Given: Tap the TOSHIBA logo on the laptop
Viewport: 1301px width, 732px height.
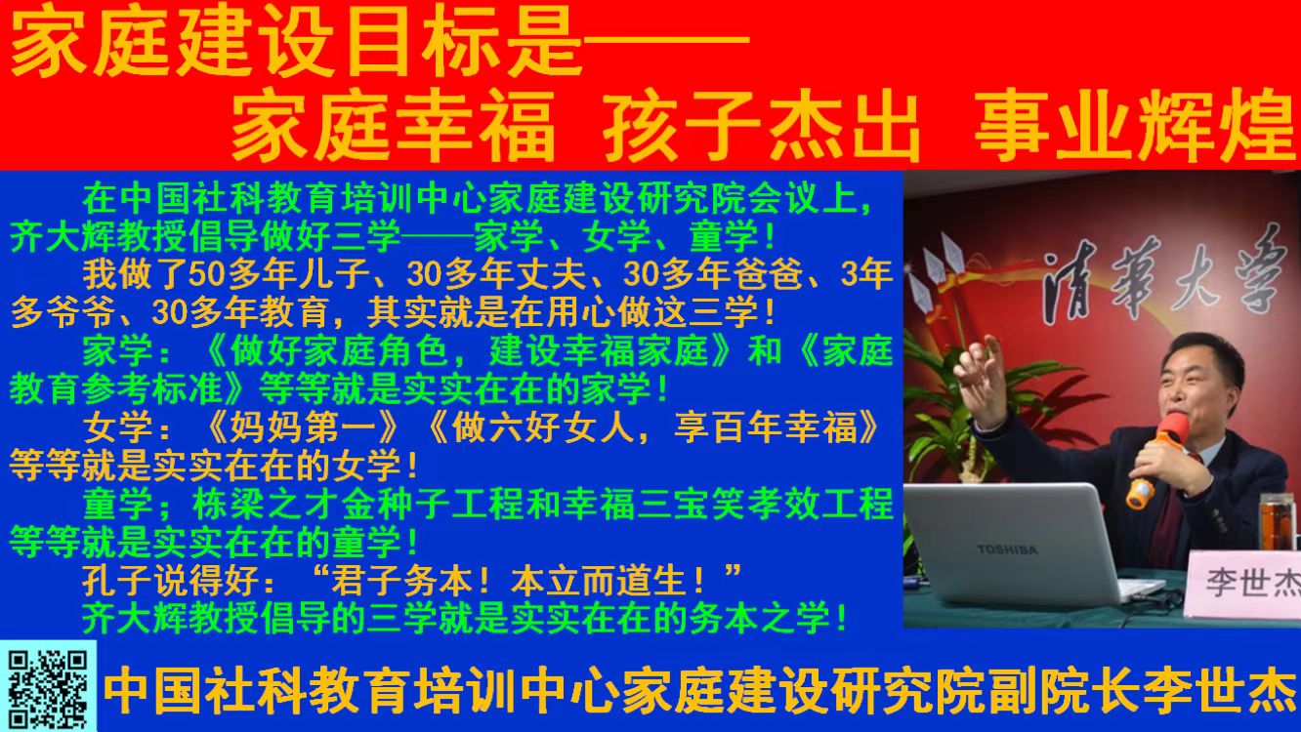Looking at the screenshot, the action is (1007, 549).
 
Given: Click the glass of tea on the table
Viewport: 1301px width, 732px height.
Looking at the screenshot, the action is (1278, 522).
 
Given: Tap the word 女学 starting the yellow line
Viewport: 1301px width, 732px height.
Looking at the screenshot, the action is (118, 427).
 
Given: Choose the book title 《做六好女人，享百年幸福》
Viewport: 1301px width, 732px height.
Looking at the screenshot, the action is (652, 427).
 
